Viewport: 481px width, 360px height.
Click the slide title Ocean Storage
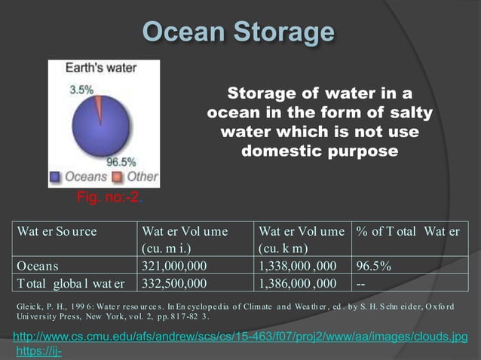(x=238, y=32)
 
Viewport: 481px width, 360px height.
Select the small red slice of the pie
(x=98, y=105)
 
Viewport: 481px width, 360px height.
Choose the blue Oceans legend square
(x=55, y=177)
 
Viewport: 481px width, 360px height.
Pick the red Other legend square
(x=117, y=177)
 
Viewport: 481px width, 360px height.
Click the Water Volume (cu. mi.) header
(x=185, y=239)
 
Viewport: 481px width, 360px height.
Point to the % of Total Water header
(x=408, y=231)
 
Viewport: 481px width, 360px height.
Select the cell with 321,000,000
(x=174, y=266)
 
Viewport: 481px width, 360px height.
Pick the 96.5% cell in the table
(x=374, y=266)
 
